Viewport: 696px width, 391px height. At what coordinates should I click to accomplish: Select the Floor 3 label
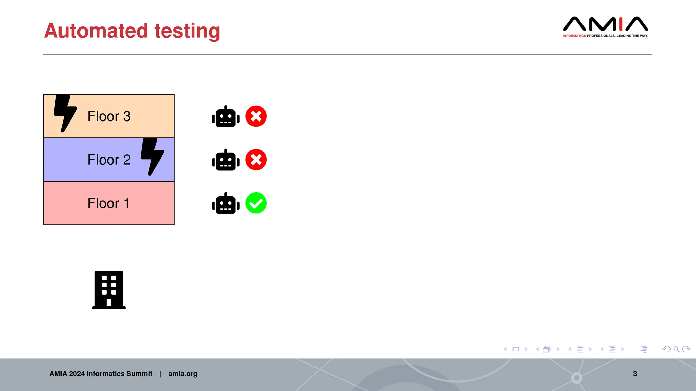109,116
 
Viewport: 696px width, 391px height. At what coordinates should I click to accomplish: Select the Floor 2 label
109,160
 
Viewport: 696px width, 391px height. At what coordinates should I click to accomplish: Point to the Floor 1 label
108,203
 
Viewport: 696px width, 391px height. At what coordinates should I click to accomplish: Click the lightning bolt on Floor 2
152,156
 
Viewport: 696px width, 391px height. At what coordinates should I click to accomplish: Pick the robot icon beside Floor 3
226,117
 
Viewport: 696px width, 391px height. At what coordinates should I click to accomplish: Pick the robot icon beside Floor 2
226,160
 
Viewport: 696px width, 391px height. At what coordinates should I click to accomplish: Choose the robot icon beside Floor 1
226,204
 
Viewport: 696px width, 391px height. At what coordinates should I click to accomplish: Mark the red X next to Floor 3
256,116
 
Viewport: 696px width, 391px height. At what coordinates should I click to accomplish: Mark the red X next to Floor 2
256,160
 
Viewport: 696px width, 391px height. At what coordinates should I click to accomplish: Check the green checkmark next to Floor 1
256,203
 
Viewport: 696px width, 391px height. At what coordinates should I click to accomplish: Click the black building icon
109,290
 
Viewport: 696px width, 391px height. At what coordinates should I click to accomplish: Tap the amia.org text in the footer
182,374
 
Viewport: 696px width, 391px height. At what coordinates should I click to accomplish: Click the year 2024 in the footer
77,374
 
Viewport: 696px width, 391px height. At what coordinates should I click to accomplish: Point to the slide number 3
635,374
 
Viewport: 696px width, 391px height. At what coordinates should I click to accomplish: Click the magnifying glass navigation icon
676,349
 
